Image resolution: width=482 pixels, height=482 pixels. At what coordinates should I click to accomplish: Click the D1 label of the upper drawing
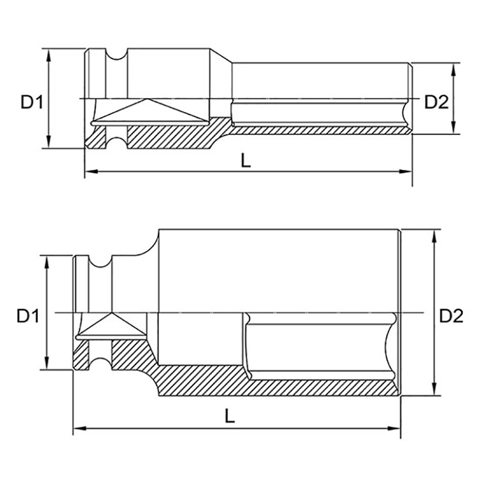32,102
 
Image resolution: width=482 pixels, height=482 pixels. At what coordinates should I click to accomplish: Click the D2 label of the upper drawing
436,102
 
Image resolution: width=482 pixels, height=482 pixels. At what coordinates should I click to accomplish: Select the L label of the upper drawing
246,160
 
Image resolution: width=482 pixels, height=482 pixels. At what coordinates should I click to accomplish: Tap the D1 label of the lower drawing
28,316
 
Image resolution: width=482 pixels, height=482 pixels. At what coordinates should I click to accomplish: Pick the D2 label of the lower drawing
451,316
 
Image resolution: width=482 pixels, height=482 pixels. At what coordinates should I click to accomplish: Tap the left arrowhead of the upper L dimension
92,171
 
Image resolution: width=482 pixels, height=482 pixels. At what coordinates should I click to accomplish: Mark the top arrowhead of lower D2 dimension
434,236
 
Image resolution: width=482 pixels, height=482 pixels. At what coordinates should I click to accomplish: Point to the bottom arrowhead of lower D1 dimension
47,363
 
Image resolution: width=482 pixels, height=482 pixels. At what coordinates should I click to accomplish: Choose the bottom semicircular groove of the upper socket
116,143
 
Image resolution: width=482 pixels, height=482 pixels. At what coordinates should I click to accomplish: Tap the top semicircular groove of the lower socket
100,261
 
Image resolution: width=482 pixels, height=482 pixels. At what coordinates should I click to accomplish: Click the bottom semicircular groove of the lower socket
100,364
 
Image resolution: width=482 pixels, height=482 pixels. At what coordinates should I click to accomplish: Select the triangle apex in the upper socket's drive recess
147,99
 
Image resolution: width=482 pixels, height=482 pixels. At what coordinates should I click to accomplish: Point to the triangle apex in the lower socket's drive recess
111,313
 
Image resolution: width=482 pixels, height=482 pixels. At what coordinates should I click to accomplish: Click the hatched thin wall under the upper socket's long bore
320,130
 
